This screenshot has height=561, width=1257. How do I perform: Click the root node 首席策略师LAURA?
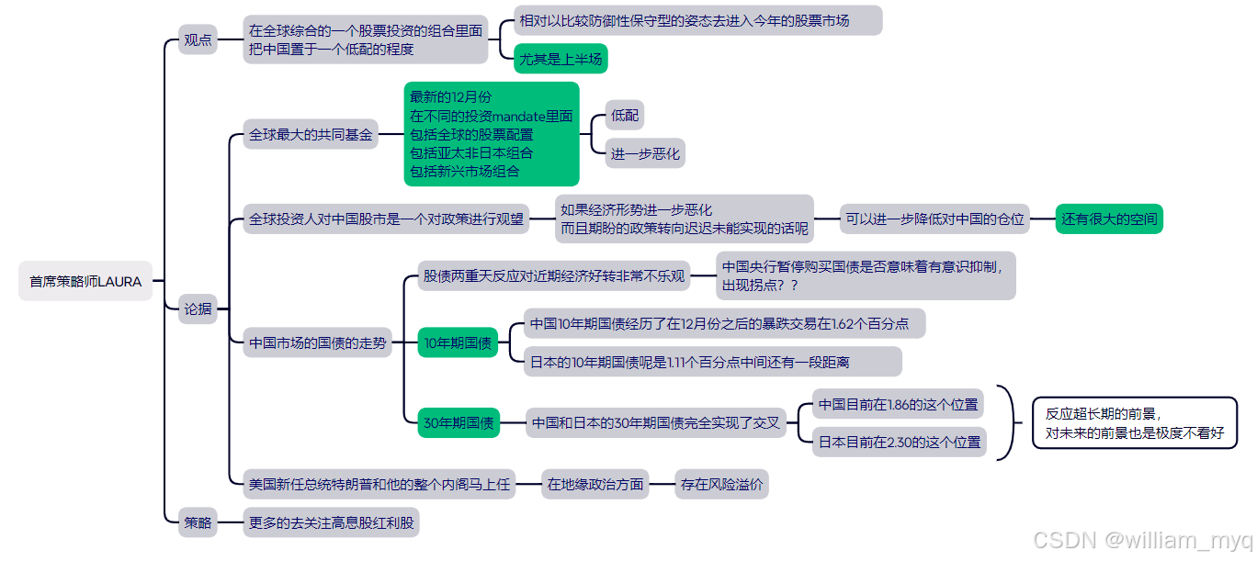coord(85,281)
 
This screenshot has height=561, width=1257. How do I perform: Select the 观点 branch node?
coord(198,39)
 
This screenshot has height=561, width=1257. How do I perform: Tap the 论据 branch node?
coord(198,309)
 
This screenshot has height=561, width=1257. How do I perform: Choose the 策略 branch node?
coord(198,522)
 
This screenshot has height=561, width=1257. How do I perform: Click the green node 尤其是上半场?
coord(561,59)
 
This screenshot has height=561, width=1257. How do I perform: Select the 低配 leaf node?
coord(625,116)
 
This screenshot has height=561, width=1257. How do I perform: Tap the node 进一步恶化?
coord(645,153)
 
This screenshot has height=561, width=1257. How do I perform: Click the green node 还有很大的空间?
coord(1109,219)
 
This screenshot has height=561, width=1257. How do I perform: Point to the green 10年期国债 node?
coord(458,343)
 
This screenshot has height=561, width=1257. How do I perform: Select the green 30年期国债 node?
coord(458,423)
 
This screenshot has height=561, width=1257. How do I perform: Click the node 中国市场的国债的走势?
coord(317,343)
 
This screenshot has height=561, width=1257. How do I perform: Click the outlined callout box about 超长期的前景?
coord(1135,423)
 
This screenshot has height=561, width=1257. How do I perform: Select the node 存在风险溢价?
coord(720,484)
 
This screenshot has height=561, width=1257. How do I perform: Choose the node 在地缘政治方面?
coord(595,484)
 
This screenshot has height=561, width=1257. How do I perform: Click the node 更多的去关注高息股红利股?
coord(331,522)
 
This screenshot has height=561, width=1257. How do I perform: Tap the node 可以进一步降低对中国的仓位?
coord(934,219)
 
